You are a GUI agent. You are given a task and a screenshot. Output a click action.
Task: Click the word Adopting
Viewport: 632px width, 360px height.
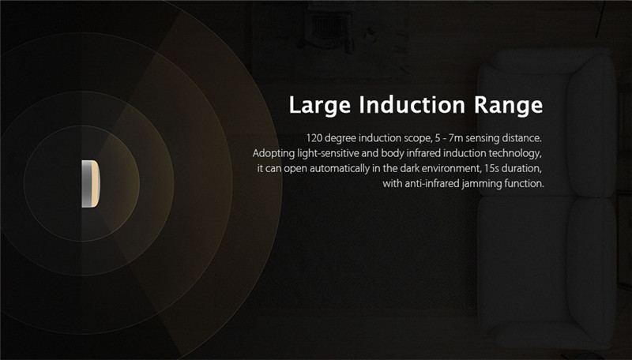click(x=273, y=152)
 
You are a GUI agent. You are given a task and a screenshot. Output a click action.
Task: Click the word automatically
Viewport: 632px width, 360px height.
click(x=351, y=168)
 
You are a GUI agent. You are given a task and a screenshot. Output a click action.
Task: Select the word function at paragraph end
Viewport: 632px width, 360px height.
click(x=525, y=184)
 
